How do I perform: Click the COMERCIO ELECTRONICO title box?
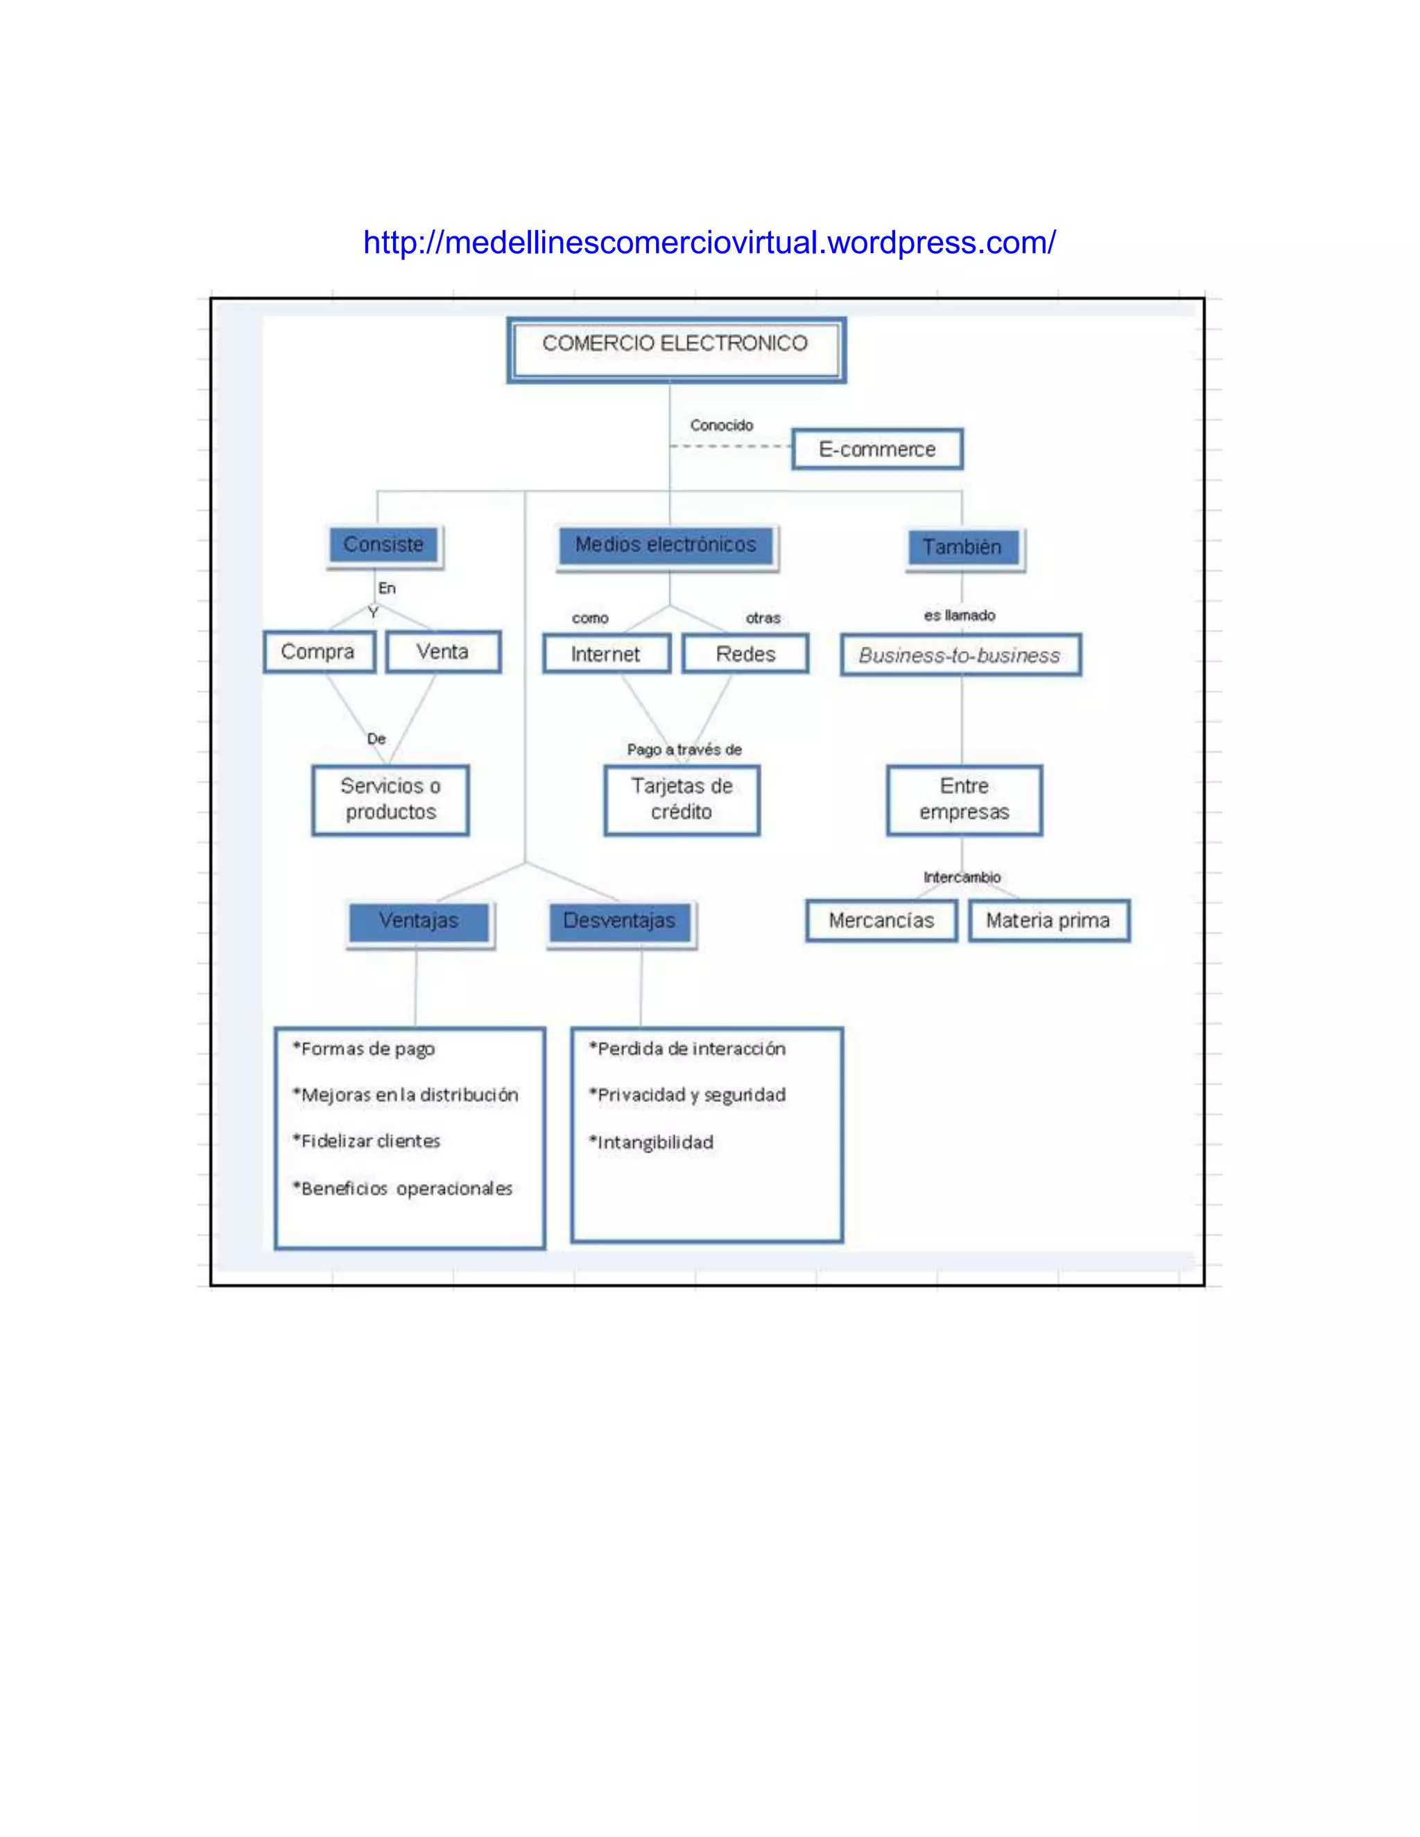coord(675,349)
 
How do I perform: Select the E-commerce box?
coord(876,449)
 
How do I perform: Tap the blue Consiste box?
coord(384,545)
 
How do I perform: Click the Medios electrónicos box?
coord(666,545)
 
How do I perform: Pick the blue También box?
coord(963,547)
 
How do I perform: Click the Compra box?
coord(319,652)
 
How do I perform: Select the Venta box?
coord(443,652)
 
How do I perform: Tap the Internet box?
coord(607,654)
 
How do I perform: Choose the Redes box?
coord(745,654)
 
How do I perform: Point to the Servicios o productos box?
coord(390,799)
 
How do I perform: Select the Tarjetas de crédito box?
coord(682,799)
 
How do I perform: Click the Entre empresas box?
coord(964,799)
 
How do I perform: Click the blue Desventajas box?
coord(620,921)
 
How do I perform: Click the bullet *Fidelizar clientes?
coord(367,1142)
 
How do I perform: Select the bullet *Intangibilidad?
coord(651,1142)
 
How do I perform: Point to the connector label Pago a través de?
coord(684,749)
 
